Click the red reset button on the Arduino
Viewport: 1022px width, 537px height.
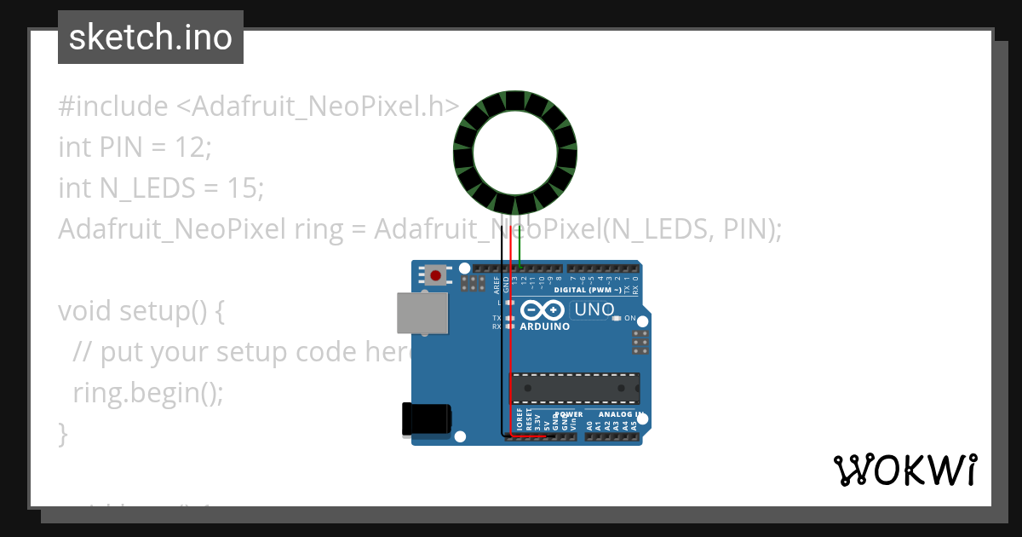pyautogui.click(x=436, y=275)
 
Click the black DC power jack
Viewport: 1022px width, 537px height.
pyautogui.click(x=427, y=420)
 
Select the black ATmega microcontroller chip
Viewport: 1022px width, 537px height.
pyautogui.click(x=574, y=388)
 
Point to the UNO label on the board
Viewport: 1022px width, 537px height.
pyautogui.click(x=594, y=310)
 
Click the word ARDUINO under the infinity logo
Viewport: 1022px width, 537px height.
pyautogui.click(x=545, y=326)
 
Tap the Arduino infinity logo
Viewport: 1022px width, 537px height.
pyautogui.click(x=543, y=310)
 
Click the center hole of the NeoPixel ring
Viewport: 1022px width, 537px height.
pyautogui.click(x=515, y=152)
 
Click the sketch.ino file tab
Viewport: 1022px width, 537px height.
pyautogui.click(x=151, y=38)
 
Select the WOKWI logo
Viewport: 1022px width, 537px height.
pyautogui.click(x=904, y=470)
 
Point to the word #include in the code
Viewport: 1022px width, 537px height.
pyautogui.click(x=113, y=107)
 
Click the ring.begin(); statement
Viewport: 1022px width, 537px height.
pyautogui.click(x=147, y=393)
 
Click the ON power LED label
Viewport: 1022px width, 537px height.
pyautogui.click(x=630, y=318)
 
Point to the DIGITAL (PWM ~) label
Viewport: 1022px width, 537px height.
pyautogui.click(x=594, y=290)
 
